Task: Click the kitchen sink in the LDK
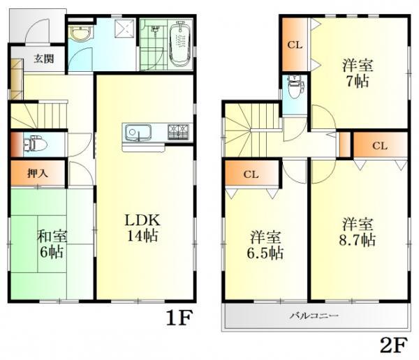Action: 135,132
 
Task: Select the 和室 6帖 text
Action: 52,244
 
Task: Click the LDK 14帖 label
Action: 142,227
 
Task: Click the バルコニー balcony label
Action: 314,316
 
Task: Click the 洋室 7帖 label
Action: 357,73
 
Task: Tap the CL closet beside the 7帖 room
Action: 295,46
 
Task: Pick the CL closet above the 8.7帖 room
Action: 378,146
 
